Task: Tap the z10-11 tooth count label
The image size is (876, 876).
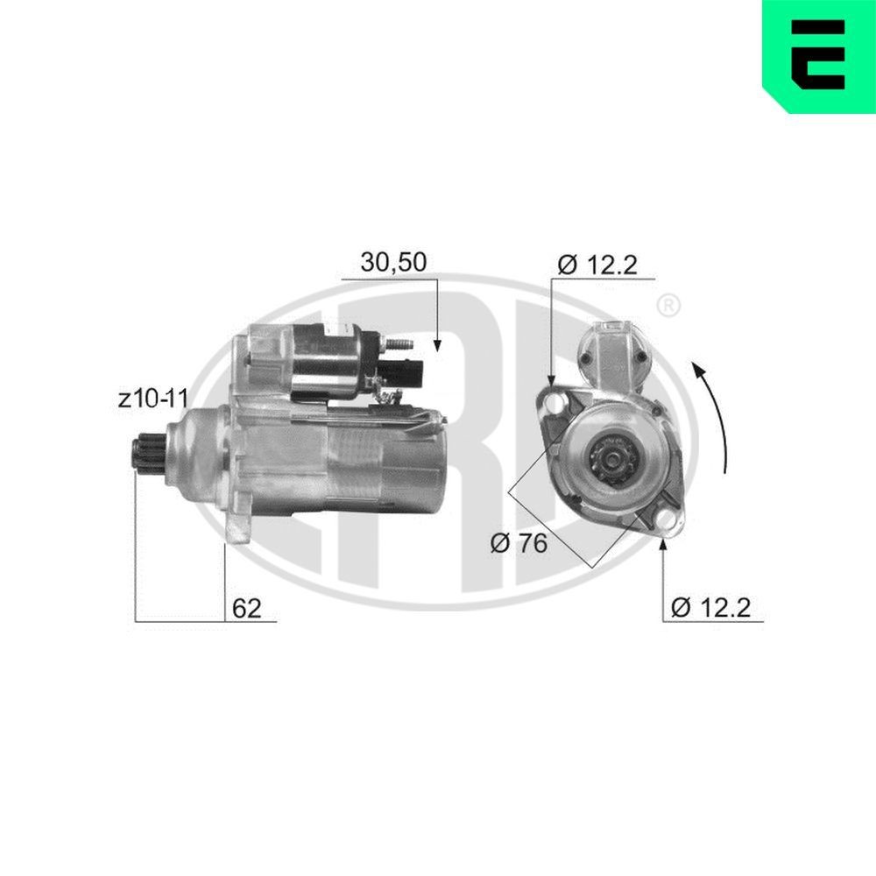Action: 154,399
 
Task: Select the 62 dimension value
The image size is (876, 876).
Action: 247,608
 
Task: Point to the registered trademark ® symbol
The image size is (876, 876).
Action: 668,306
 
